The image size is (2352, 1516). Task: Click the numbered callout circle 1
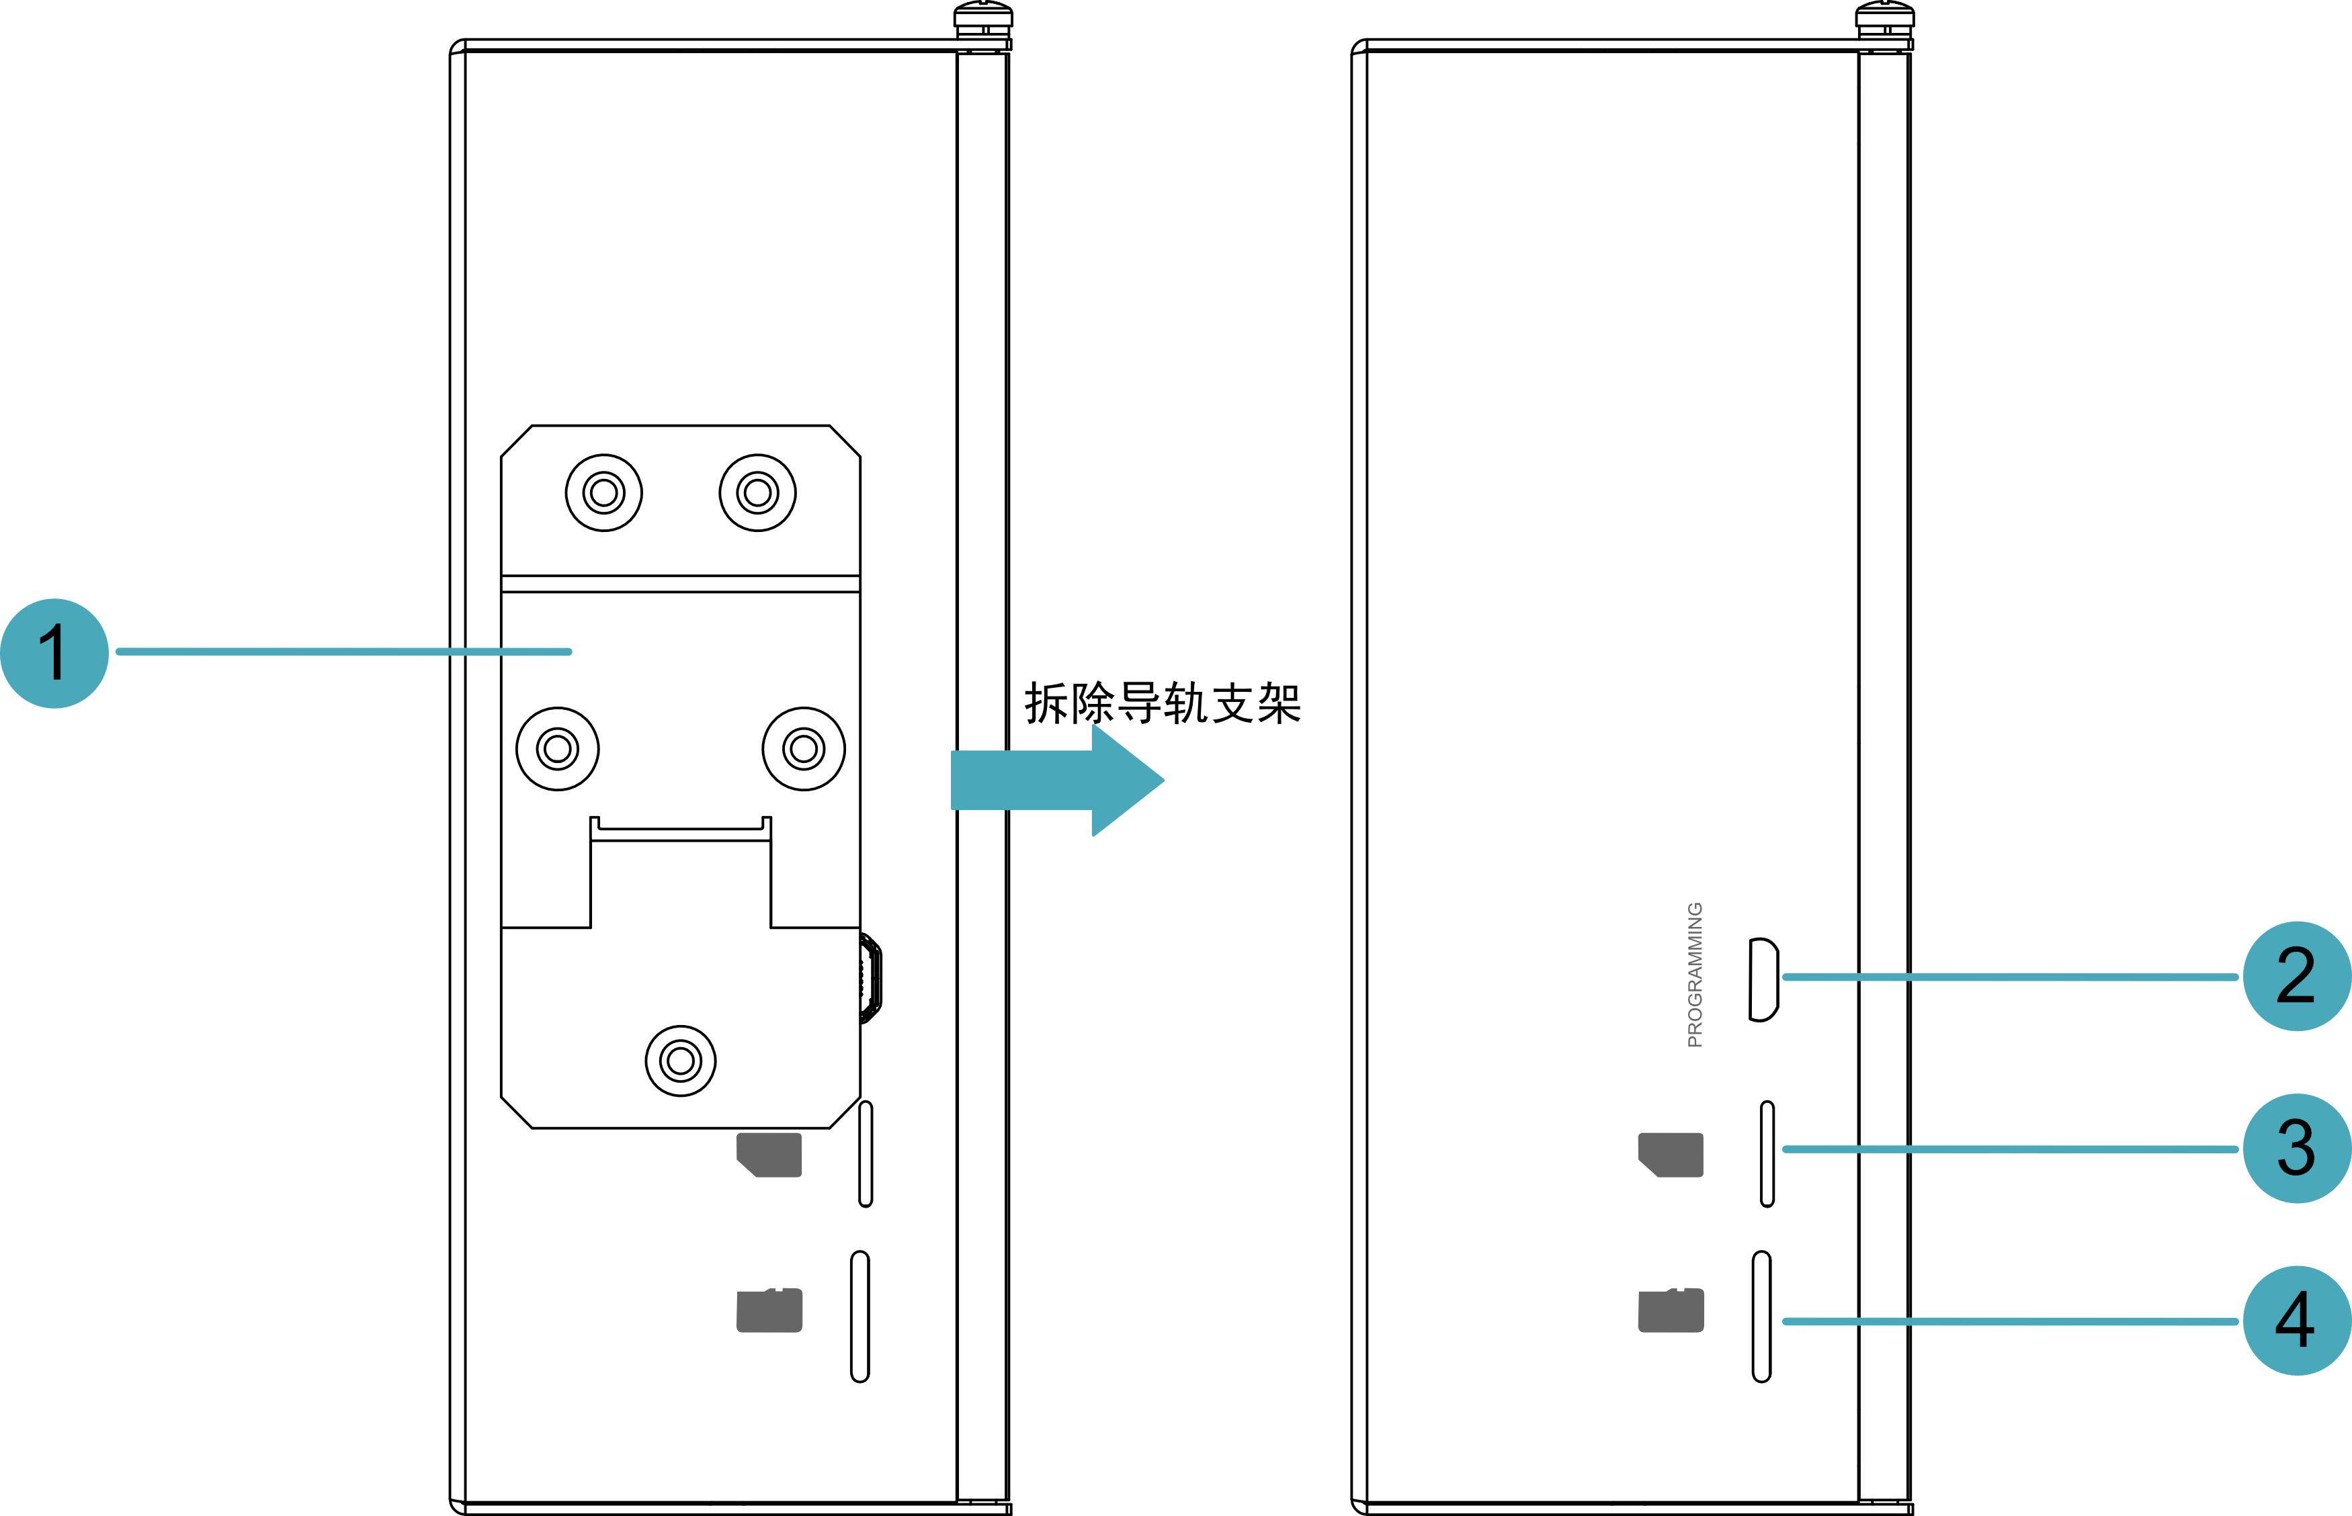coord(54,653)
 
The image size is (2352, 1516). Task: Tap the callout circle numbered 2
coord(2297,977)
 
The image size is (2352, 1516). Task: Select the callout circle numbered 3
coord(2297,1149)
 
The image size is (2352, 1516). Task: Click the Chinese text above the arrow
coord(1162,703)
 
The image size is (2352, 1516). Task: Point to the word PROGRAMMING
coord(1695,975)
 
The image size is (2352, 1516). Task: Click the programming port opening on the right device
coord(1763,979)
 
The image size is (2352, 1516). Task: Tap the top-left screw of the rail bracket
coord(603,492)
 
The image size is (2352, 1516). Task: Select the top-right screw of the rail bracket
coord(757,492)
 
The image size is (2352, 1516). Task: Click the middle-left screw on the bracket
coord(558,749)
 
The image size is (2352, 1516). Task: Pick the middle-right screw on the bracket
coord(804,749)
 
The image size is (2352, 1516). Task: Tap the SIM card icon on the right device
coord(1671,1155)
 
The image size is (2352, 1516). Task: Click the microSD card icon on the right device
coord(1671,1310)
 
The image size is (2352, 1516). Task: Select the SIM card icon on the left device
coord(769,1155)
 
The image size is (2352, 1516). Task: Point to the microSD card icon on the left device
coord(769,1310)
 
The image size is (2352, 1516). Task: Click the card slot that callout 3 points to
coord(1767,1154)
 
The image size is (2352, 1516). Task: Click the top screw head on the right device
coord(1884,15)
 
